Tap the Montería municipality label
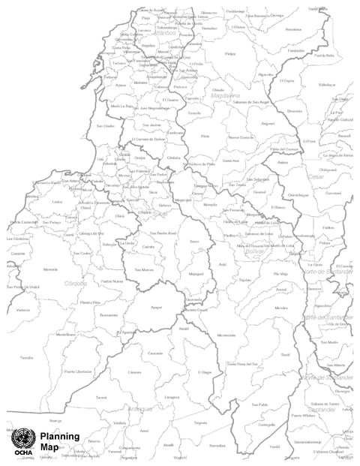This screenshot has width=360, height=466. click(50, 269)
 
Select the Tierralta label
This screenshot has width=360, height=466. click(27, 358)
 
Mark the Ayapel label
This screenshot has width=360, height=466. click(156, 307)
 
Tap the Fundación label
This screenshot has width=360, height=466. click(295, 51)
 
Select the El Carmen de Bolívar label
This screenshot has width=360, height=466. click(148, 139)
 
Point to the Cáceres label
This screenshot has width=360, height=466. click(135, 372)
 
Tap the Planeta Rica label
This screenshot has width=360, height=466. click(90, 301)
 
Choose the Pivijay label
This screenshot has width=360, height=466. click(230, 54)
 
